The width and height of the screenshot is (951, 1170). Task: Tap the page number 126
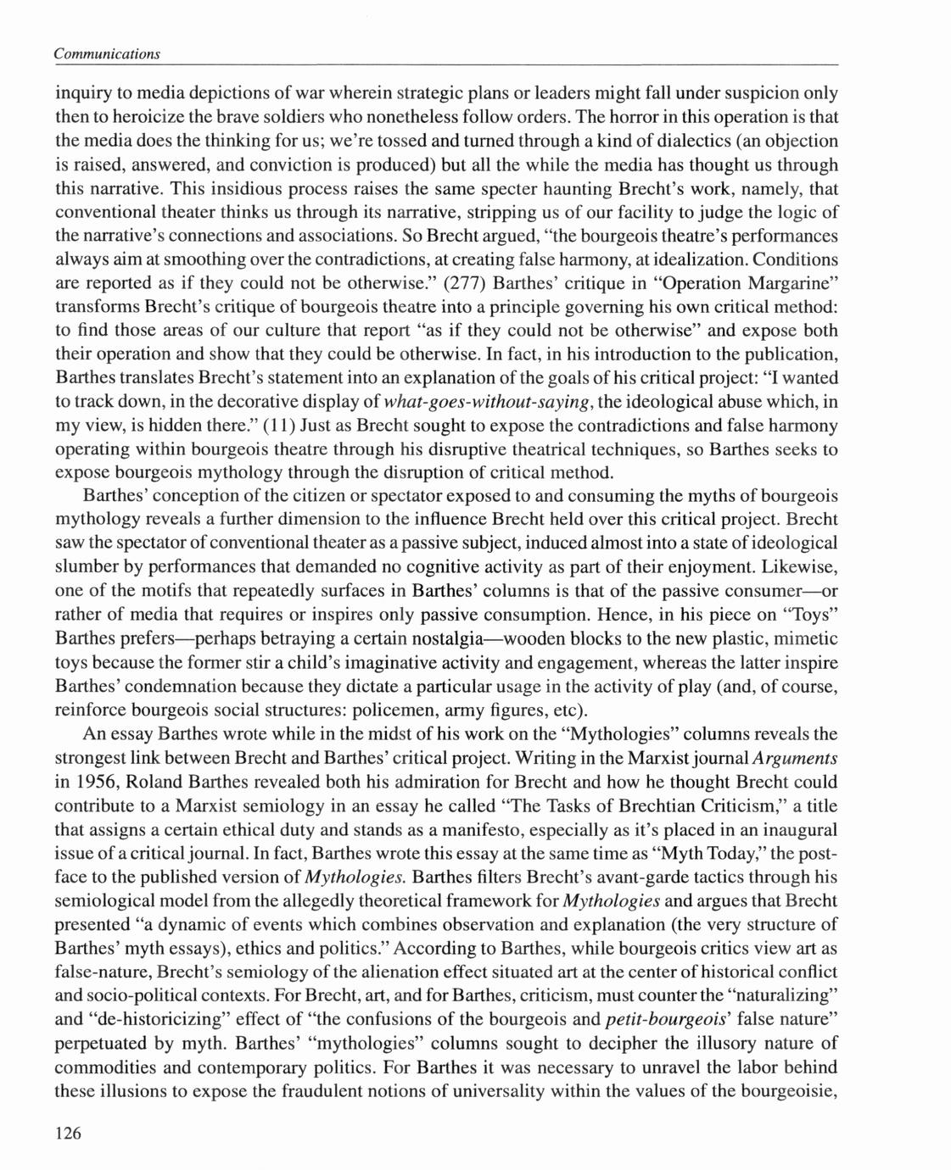(69, 1134)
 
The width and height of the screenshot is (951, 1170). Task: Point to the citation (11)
(280, 425)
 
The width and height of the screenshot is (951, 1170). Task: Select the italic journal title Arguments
(795, 757)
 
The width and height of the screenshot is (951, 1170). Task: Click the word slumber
(96, 567)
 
